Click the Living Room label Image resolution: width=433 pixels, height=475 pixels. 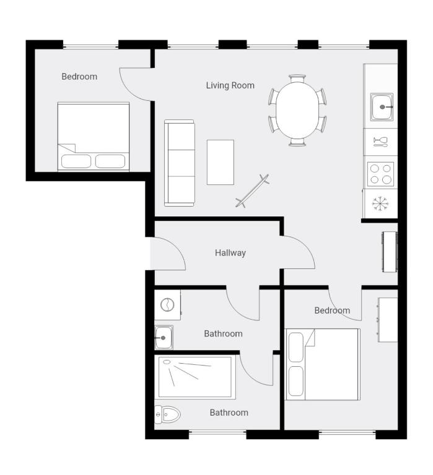click(230, 85)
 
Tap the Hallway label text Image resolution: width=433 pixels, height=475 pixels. click(230, 252)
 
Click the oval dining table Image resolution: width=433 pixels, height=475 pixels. click(297, 111)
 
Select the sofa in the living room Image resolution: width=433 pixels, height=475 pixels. click(179, 163)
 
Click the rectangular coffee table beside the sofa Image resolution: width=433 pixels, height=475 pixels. click(220, 162)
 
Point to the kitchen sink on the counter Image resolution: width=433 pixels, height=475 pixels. click(382, 107)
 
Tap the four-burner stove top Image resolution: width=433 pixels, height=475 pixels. click(380, 174)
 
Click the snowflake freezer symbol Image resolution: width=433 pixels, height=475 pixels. click(379, 203)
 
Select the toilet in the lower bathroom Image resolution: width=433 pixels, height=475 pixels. click(167, 413)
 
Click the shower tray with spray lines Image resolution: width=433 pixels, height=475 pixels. click(195, 377)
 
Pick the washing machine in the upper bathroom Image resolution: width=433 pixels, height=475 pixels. click(167, 304)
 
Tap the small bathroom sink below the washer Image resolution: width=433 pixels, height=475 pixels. click(164, 338)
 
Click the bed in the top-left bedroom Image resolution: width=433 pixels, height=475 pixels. click(94, 137)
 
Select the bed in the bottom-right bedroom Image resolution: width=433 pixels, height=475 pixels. click(323, 364)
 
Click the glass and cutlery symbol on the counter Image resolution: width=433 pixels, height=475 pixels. click(380, 142)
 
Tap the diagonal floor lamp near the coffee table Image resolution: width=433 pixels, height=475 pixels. click(253, 190)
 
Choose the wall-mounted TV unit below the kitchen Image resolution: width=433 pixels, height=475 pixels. click(389, 251)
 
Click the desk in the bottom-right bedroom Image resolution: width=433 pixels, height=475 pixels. click(388, 319)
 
